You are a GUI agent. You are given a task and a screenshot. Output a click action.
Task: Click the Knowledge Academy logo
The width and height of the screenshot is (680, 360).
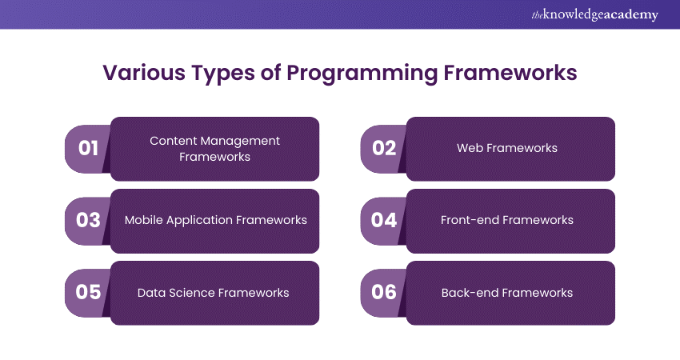coord(594,14)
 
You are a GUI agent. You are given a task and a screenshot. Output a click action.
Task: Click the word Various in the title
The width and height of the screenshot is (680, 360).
coord(144,73)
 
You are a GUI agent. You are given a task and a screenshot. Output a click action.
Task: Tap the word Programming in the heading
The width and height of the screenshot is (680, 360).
coord(362,74)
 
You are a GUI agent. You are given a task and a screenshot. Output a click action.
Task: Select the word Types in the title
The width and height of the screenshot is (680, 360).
coord(223,74)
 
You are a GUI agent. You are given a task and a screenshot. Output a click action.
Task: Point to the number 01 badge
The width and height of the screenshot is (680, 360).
coord(88,149)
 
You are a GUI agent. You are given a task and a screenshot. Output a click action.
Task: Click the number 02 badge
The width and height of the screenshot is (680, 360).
coord(384,149)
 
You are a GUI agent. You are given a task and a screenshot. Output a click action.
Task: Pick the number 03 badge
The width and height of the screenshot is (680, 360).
coord(88,221)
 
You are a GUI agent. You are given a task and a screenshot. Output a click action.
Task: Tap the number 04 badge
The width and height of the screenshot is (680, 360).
coord(384,221)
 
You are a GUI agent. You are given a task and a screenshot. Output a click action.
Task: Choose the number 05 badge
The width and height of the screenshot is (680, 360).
coord(88,293)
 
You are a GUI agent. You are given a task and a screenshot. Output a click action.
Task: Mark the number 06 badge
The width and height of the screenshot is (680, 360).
coord(384,293)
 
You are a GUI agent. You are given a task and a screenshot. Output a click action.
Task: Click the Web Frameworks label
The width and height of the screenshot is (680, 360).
coord(507,148)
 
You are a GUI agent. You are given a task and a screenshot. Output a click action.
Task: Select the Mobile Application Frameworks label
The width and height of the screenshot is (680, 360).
coord(215,220)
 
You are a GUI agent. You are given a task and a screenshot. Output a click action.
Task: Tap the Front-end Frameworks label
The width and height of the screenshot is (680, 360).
coord(507,220)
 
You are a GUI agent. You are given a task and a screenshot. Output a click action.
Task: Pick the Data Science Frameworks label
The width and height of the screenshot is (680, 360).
coord(213,293)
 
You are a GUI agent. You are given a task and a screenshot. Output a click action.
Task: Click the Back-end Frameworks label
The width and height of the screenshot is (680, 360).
coord(507,293)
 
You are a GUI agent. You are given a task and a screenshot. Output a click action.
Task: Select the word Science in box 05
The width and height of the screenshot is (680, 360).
coord(193,293)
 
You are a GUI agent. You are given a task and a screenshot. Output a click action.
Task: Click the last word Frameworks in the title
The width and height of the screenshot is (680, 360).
coord(510,73)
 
